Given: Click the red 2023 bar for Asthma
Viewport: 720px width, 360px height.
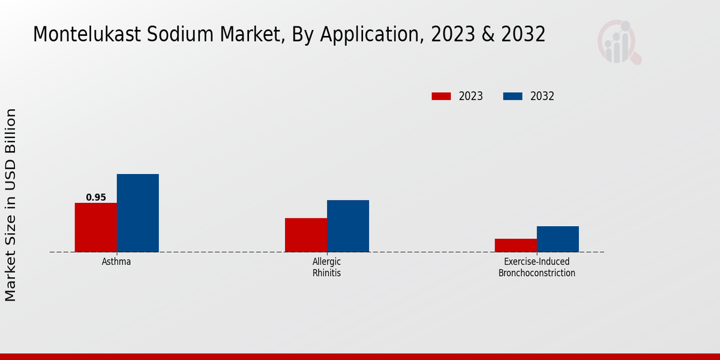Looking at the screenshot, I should pos(95,227).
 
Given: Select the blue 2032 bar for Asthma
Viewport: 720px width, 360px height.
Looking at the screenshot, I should pos(137,213).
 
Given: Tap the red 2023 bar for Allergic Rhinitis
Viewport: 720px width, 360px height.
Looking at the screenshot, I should pos(306,235).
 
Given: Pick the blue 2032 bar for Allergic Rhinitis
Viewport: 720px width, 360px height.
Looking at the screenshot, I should pos(348,226).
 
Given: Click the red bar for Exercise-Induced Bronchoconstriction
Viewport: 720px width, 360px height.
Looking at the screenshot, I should pos(515,245).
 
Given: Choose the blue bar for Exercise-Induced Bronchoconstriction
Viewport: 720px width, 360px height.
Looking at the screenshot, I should pos(557,239).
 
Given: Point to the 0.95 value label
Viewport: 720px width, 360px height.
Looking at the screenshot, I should pos(96,197).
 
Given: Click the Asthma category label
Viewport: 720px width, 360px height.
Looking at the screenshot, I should pos(116,262).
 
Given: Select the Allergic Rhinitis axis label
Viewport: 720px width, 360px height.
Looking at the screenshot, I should pos(327,268).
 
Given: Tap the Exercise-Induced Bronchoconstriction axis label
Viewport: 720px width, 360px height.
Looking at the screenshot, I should pos(537,268).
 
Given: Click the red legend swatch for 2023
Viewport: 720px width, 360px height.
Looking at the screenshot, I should pos(441,96).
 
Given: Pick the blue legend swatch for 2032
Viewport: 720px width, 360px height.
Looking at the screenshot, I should pos(512,96).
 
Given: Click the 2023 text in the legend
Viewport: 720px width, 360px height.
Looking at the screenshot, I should pos(471,96).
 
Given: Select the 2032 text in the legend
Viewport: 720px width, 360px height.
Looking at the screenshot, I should pos(542,96).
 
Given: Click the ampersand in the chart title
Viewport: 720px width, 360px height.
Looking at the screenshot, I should pos(487,35).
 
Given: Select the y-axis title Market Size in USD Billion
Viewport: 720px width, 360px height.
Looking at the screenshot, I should pos(11,205).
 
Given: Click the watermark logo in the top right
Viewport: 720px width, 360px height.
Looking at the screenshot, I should pos(619,42).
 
